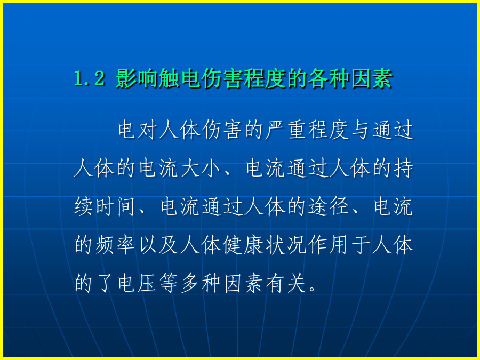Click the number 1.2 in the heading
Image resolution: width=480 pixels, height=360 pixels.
[90, 79]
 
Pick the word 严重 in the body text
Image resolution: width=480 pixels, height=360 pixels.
[287, 131]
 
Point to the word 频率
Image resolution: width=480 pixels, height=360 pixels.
[116, 245]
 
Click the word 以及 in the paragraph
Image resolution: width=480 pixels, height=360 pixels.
[158, 245]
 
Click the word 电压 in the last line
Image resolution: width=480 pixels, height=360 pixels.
[137, 283]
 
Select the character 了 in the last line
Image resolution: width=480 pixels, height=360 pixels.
[105, 283]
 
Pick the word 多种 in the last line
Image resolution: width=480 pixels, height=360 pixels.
[202, 283]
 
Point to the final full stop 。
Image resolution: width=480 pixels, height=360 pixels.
[313, 289]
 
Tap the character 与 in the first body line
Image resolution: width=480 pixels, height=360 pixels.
[361, 131]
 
